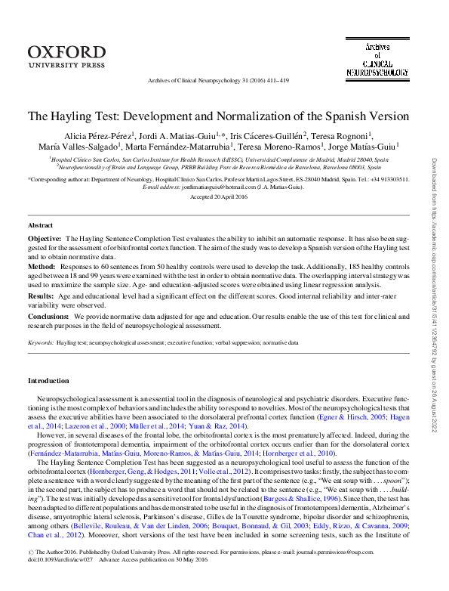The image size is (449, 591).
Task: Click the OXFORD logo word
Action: pyautogui.click(x=68, y=51)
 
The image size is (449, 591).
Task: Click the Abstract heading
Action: pyautogui.click(x=40, y=225)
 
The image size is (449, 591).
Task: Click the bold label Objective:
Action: pyautogui.click(x=45, y=238)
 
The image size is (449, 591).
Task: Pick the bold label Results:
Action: pyautogui.click(x=42, y=297)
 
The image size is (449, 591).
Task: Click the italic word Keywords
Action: pyautogui.click(x=40, y=342)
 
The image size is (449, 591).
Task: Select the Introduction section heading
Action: pyautogui.click(x=48, y=380)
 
